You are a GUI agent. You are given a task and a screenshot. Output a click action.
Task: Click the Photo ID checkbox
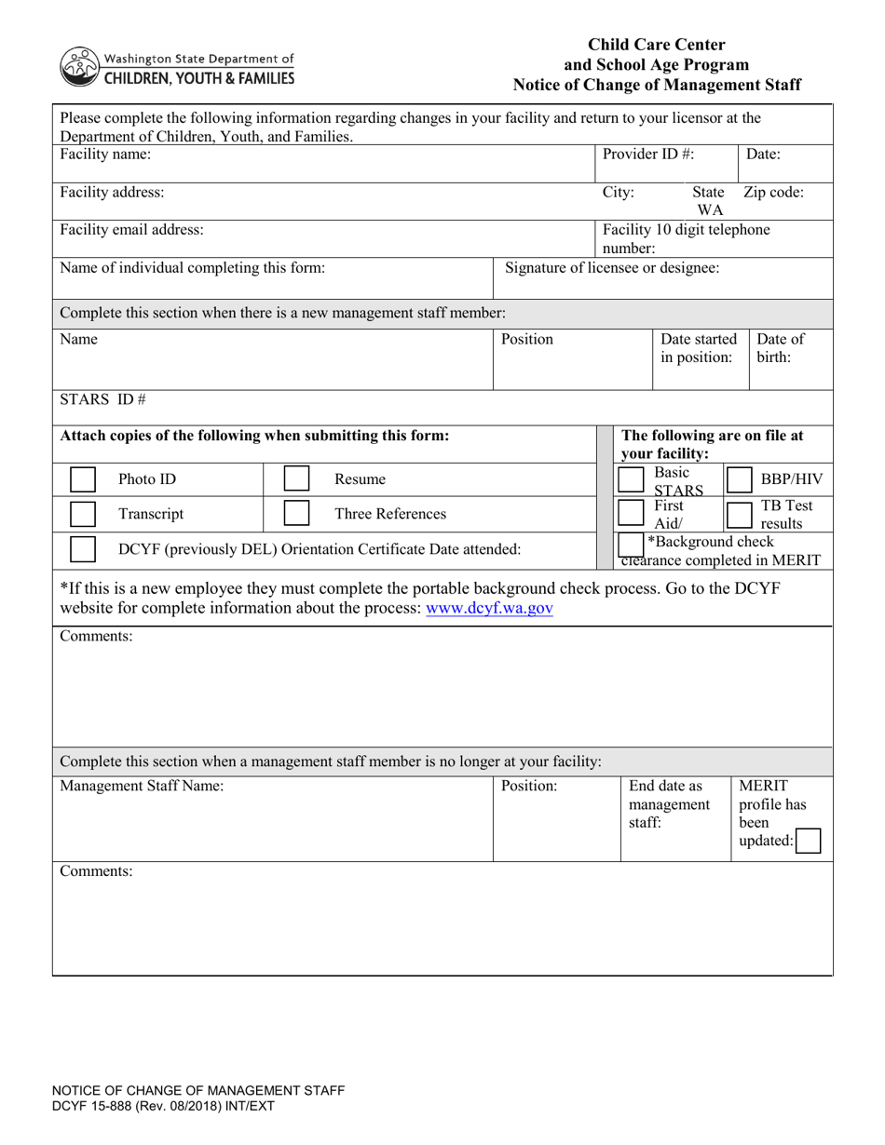[83, 479]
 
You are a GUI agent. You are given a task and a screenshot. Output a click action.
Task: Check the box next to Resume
[296, 479]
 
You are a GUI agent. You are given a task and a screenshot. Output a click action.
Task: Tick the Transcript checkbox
[83, 514]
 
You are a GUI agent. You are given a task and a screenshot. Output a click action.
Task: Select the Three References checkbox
[296, 514]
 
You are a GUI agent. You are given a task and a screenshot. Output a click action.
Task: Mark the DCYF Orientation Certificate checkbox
[83, 549]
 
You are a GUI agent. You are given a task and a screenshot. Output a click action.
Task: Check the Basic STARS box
[632, 479]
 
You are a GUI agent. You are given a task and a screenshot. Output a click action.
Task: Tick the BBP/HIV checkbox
[739, 479]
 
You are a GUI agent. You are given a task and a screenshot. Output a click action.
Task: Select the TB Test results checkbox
[739, 514]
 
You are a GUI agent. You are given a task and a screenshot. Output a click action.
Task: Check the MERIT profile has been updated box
[809, 842]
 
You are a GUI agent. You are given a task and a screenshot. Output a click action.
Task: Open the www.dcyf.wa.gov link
[489, 609]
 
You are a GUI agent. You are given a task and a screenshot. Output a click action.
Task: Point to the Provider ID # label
[647, 155]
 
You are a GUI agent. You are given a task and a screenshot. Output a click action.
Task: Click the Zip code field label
[773, 193]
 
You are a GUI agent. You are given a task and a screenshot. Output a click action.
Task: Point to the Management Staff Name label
[142, 786]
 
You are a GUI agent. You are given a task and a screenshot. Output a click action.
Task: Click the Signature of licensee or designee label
[612, 268]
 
